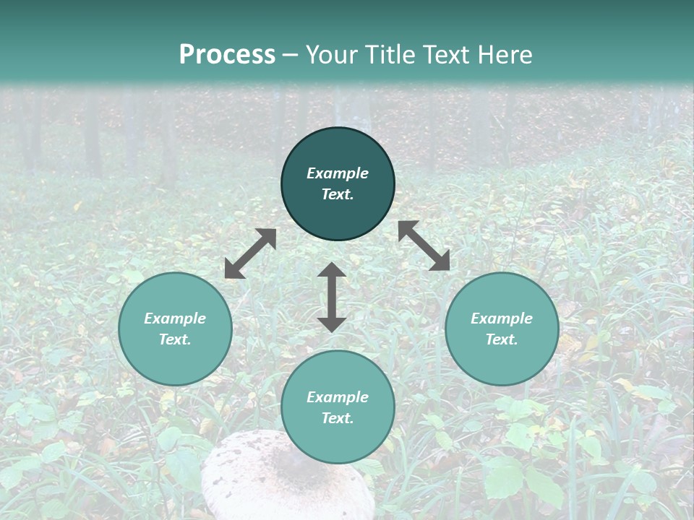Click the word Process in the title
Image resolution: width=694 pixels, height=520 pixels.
click(227, 55)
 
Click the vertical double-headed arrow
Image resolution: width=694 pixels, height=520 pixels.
click(332, 298)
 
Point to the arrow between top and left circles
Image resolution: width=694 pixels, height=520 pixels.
click(250, 253)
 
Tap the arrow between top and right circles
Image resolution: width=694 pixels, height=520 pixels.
click(424, 246)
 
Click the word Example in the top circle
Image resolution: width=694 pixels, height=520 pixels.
click(338, 173)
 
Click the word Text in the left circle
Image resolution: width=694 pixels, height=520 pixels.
click(175, 339)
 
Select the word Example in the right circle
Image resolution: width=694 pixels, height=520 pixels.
click(502, 318)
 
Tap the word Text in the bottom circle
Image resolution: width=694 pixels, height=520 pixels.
click(338, 418)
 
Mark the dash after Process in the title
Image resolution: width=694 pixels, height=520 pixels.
click(290, 56)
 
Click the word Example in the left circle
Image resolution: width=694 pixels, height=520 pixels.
click(175, 318)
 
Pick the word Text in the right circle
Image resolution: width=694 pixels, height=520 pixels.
click(502, 339)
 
